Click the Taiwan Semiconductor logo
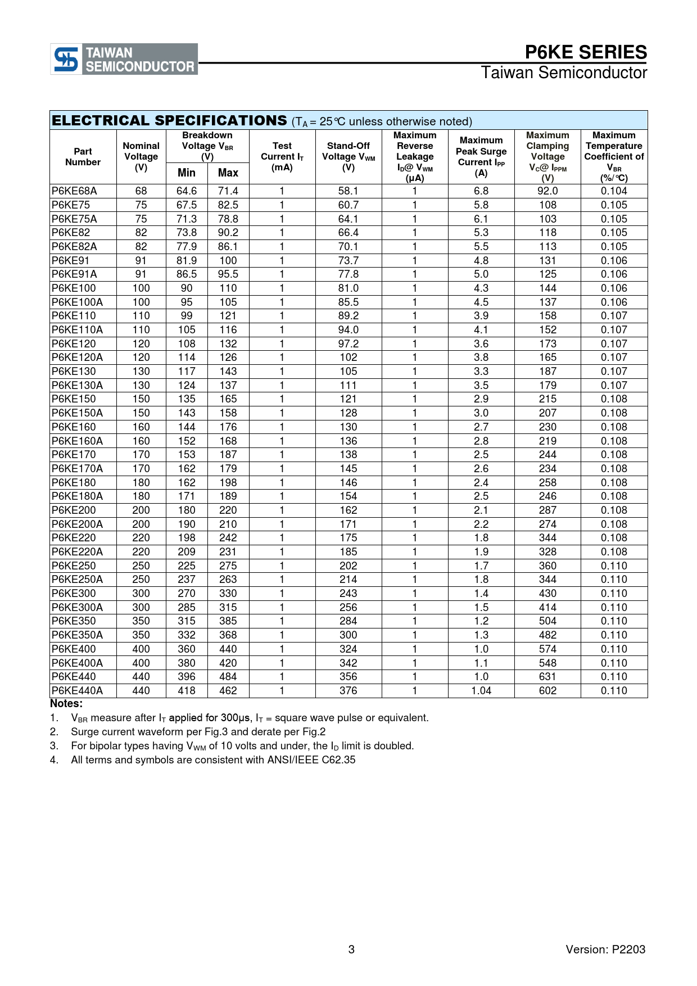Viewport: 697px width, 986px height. pyautogui.click(x=124, y=59)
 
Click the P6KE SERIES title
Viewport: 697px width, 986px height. pyautogui.click(x=586, y=52)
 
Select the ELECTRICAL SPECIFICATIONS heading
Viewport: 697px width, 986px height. pyautogui.click(x=169, y=121)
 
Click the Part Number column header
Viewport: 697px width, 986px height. pyautogui.click(x=83, y=157)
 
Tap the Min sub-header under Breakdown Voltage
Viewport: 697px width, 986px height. pyautogui.click(x=187, y=173)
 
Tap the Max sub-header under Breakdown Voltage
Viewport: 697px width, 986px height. pyautogui.click(x=228, y=173)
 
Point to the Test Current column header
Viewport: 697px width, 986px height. pyautogui.click(x=282, y=156)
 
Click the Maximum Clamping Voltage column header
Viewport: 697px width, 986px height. pyautogui.click(x=547, y=156)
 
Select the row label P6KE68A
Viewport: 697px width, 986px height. pyautogui.click(x=74, y=191)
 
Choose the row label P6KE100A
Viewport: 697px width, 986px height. pyautogui.click(x=77, y=302)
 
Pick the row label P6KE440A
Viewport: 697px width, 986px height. pyautogui.click(x=77, y=691)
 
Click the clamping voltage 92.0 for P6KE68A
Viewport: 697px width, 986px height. pyautogui.click(x=547, y=191)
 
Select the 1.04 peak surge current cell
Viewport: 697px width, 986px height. pyautogui.click(x=481, y=691)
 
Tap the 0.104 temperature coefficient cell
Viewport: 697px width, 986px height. pyautogui.click(x=614, y=191)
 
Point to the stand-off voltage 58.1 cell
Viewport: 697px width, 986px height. pyautogui.click(x=348, y=191)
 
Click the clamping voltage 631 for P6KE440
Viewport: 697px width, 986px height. pyautogui.click(x=547, y=677)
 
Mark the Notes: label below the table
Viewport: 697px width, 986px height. pyautogui.click(x=66, y=704)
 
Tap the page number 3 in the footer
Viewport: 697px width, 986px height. pyautogui.click(x=351, y=949)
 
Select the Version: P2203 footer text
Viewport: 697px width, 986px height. pyautogui.click(x=605, y=949)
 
